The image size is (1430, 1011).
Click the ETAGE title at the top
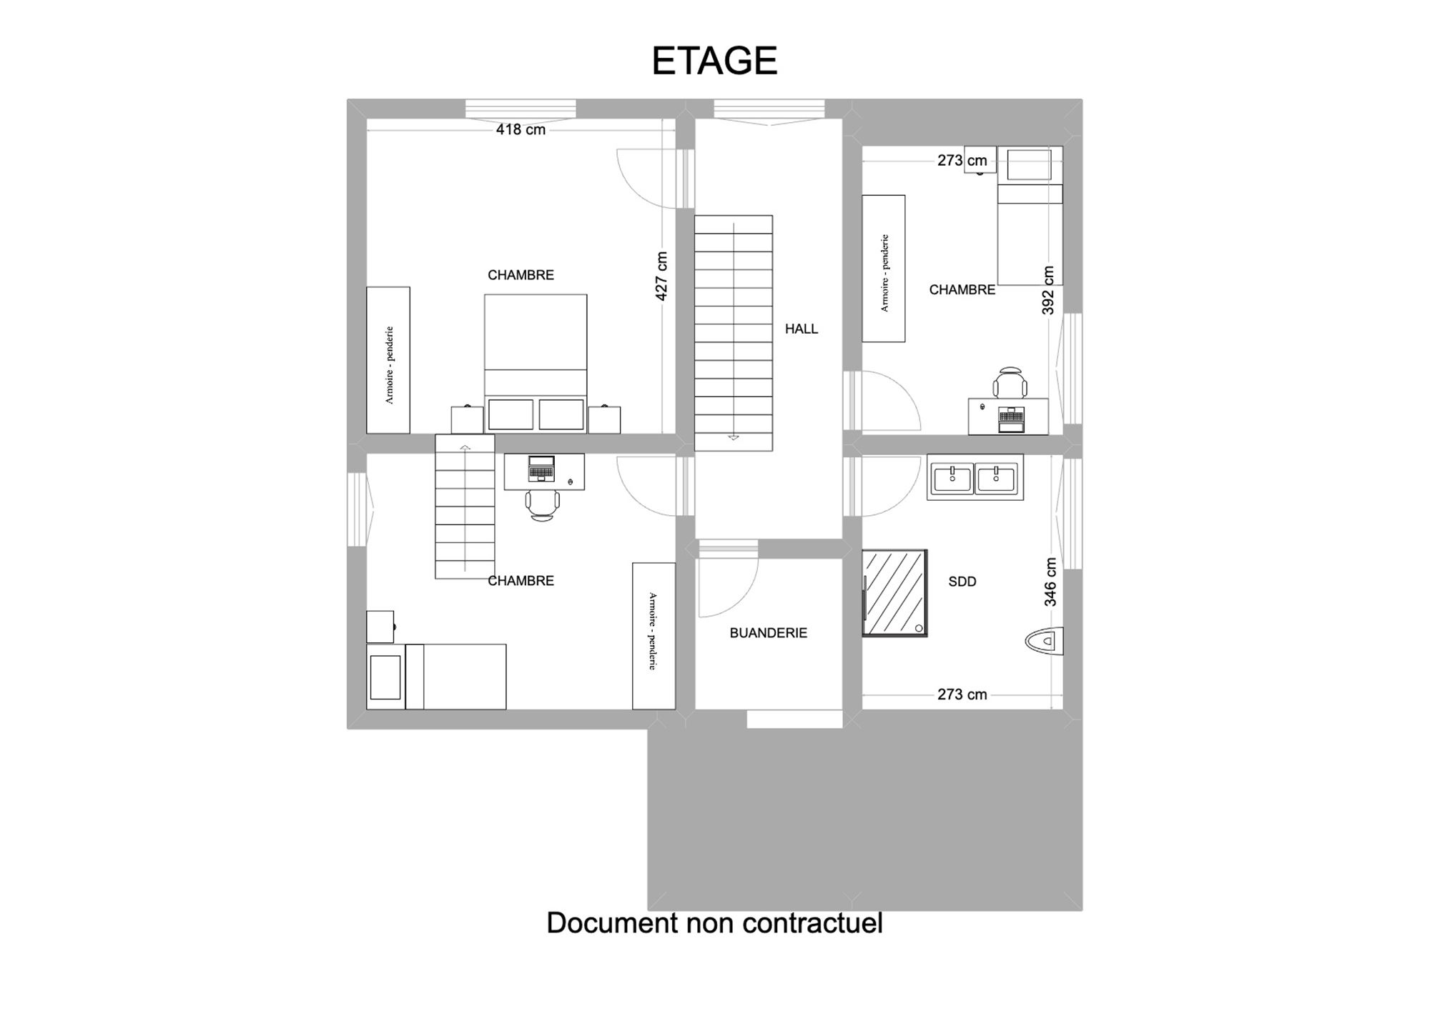tap(714, 61)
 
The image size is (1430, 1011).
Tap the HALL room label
tap(801, 329)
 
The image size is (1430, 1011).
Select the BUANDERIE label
tap(768, 632)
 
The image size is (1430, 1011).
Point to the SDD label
tap(962, 582)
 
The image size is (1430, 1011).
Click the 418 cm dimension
tap(521, 129)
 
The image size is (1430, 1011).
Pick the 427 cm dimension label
tap(661, 276)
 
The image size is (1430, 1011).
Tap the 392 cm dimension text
tap(1048, 290)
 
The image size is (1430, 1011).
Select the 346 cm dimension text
tap(1050, 582)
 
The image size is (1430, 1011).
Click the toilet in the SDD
tap(1045, 641)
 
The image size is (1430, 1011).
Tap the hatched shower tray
tap(894, 593)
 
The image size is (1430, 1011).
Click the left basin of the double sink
tap(952, 479)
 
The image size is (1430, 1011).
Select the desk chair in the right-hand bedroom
tap(1010, 382)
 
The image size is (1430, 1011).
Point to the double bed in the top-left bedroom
tap(536, 363)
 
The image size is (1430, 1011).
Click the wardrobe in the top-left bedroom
tap(388, 360)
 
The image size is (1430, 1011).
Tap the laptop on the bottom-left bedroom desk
tap(541, 468)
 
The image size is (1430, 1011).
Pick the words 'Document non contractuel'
tap(714, 922)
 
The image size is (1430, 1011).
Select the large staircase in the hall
tap(734, 333)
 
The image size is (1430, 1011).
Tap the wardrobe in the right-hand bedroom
tap(884, 269)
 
